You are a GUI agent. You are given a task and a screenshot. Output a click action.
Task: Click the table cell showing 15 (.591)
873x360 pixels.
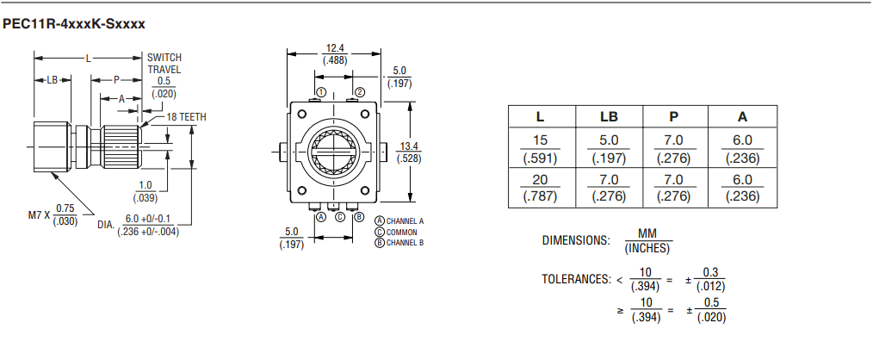coord(541,149)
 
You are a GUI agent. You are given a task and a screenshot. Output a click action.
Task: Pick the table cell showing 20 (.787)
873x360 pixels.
coord(541,188)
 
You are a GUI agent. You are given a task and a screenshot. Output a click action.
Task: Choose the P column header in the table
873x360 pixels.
coord(674,116)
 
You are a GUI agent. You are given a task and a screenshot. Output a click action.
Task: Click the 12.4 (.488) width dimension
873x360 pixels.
coord(335,54)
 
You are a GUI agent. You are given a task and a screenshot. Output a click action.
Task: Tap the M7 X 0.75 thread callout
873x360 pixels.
coord(52,214)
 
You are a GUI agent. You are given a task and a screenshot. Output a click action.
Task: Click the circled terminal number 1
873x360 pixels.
coord(320,91)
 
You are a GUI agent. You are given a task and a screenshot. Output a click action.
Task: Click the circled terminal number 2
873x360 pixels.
coord(359,91)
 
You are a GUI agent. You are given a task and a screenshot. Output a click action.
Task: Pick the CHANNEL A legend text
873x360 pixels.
coord(399,221)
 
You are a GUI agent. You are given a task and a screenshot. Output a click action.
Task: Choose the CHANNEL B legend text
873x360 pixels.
coord(399,242)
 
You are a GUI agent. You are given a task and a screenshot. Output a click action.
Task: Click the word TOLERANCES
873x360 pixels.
coord(576,280)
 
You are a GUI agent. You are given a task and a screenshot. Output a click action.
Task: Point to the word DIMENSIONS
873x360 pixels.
coord(576,240)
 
